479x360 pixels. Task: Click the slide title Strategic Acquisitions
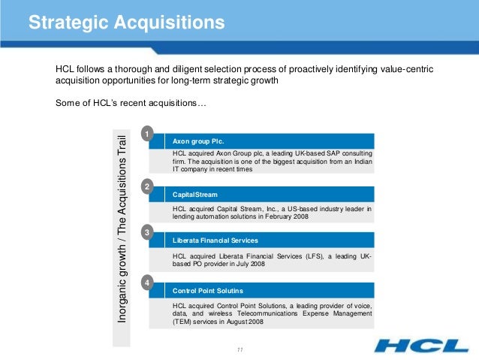(126, 23)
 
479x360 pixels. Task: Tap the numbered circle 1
(149, 134)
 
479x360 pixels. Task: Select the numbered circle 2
(149, 185)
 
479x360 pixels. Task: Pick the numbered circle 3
(149, 232)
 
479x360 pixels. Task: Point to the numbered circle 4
(149, 282)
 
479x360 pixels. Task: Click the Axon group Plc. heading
(198, 141)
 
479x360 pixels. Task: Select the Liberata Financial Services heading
(215, 241)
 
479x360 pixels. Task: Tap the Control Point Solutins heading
(207, 290)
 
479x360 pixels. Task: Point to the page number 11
(239, 349)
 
